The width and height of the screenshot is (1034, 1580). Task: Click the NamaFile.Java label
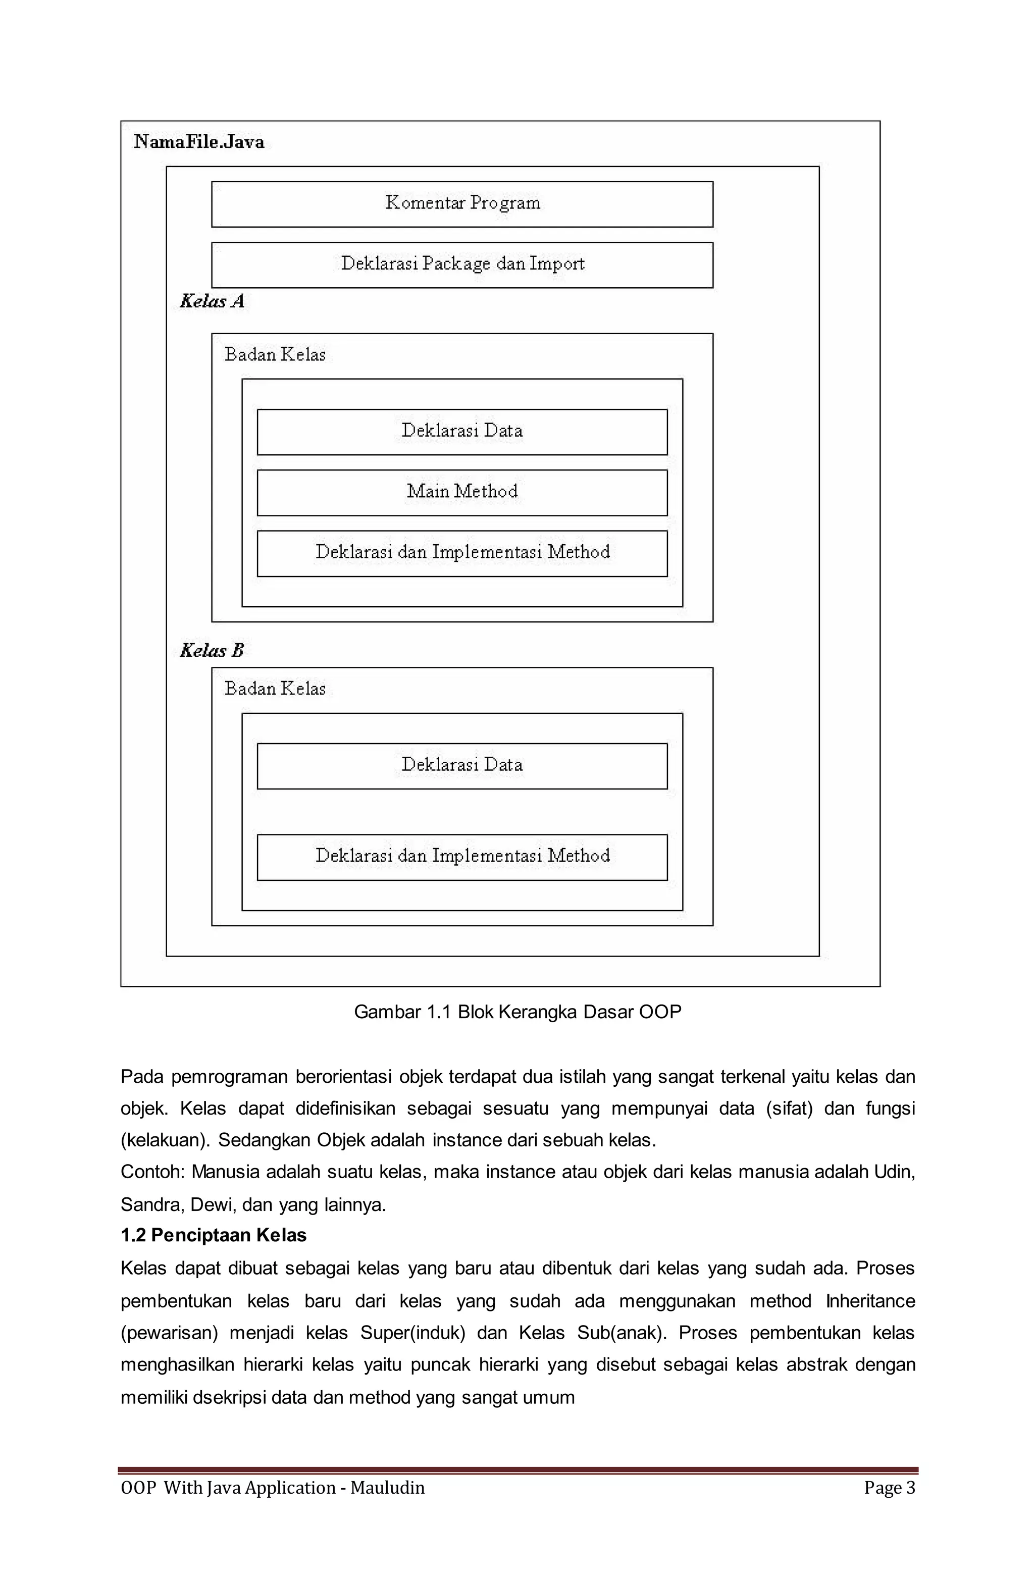pos(198,141)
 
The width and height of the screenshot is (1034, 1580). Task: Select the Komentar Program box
pos(462,204)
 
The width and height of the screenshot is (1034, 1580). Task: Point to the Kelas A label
pos(212,301)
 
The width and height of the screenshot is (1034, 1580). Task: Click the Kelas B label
pos(212,651)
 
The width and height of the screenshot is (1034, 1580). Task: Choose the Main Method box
pos(462,492)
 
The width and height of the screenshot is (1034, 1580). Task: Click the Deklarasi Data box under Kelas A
pos(462,432)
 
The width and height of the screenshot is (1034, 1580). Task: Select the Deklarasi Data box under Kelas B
pos(462,765)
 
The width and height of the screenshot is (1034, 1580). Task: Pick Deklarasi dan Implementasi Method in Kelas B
pos(462,857)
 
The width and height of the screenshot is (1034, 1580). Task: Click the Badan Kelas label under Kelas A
pos(275,354)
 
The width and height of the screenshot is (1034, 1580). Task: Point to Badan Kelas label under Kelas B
pos(275,689)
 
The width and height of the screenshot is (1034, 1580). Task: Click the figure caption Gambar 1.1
pos(518,1011)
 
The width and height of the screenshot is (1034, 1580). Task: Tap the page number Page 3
pos(889,1487)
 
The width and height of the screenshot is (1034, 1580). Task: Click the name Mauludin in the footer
pos(387,1487)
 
